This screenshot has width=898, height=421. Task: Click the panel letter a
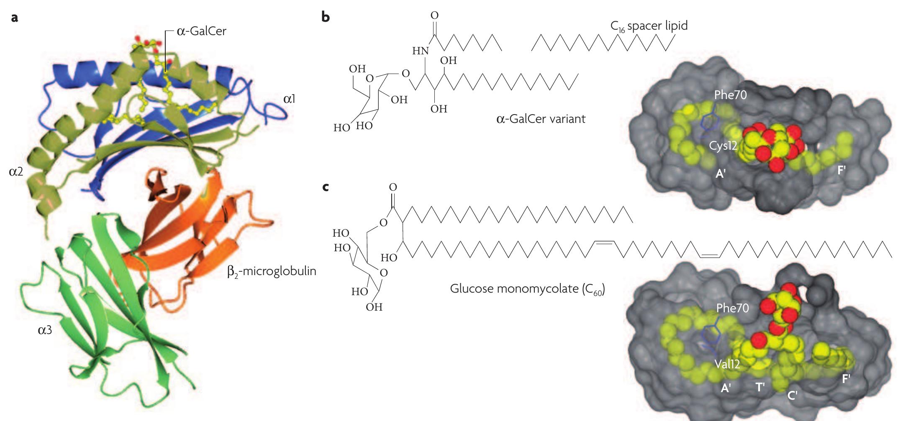click(x=15, y=18)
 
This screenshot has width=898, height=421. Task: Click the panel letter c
click(x=326, y=187)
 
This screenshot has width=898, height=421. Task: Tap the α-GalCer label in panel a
click(x=201, y=31)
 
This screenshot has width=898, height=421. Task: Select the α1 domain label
click(x=289, y=99)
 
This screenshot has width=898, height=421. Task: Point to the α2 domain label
click(x=16, y=171)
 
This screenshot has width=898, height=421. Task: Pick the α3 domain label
click(x=45, y=330)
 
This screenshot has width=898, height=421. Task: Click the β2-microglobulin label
click(x=272, y=272)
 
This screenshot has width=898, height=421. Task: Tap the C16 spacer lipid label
click(x=649, y=26)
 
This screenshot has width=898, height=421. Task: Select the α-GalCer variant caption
click(x=541, y=119)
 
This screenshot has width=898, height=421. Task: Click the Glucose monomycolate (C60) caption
click(x=527, y=289)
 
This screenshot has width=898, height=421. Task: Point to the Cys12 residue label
click(x=723, y=146)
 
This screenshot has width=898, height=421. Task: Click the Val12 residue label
click(x=727, y=364)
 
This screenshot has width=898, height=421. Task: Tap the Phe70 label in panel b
click(x=730, y=95)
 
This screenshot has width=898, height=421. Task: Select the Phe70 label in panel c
click(x=732, y=308)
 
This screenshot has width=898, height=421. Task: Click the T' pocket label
click(x=760, y=387)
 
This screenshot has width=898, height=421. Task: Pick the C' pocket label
click(x=792, y=395)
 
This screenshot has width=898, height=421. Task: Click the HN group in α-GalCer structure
click(x=420, y=51)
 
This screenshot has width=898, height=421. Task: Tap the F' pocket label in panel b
click(x=842, y=170)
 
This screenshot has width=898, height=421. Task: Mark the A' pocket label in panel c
click(x=726, y=388)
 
